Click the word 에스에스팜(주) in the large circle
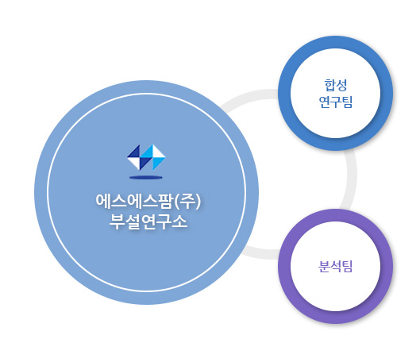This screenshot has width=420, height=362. tap(148, 202)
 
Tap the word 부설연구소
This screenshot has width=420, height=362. tap(148, 221)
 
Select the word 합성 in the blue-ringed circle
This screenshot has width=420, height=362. tap(336, 85)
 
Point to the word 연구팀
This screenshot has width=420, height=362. tap(336, 102)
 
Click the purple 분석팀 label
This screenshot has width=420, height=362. tap(335, 267)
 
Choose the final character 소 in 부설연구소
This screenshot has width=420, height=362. tap(179, 221)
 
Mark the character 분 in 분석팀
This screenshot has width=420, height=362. tap(324, 267)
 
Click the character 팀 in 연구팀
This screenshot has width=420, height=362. tap(347, 102)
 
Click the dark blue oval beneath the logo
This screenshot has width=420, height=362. tap(146, 177)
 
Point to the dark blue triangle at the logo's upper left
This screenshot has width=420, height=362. tap(135, 152)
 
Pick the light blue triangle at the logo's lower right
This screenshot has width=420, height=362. tap(157, 163)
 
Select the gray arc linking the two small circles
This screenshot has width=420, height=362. tap(352, 177)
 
